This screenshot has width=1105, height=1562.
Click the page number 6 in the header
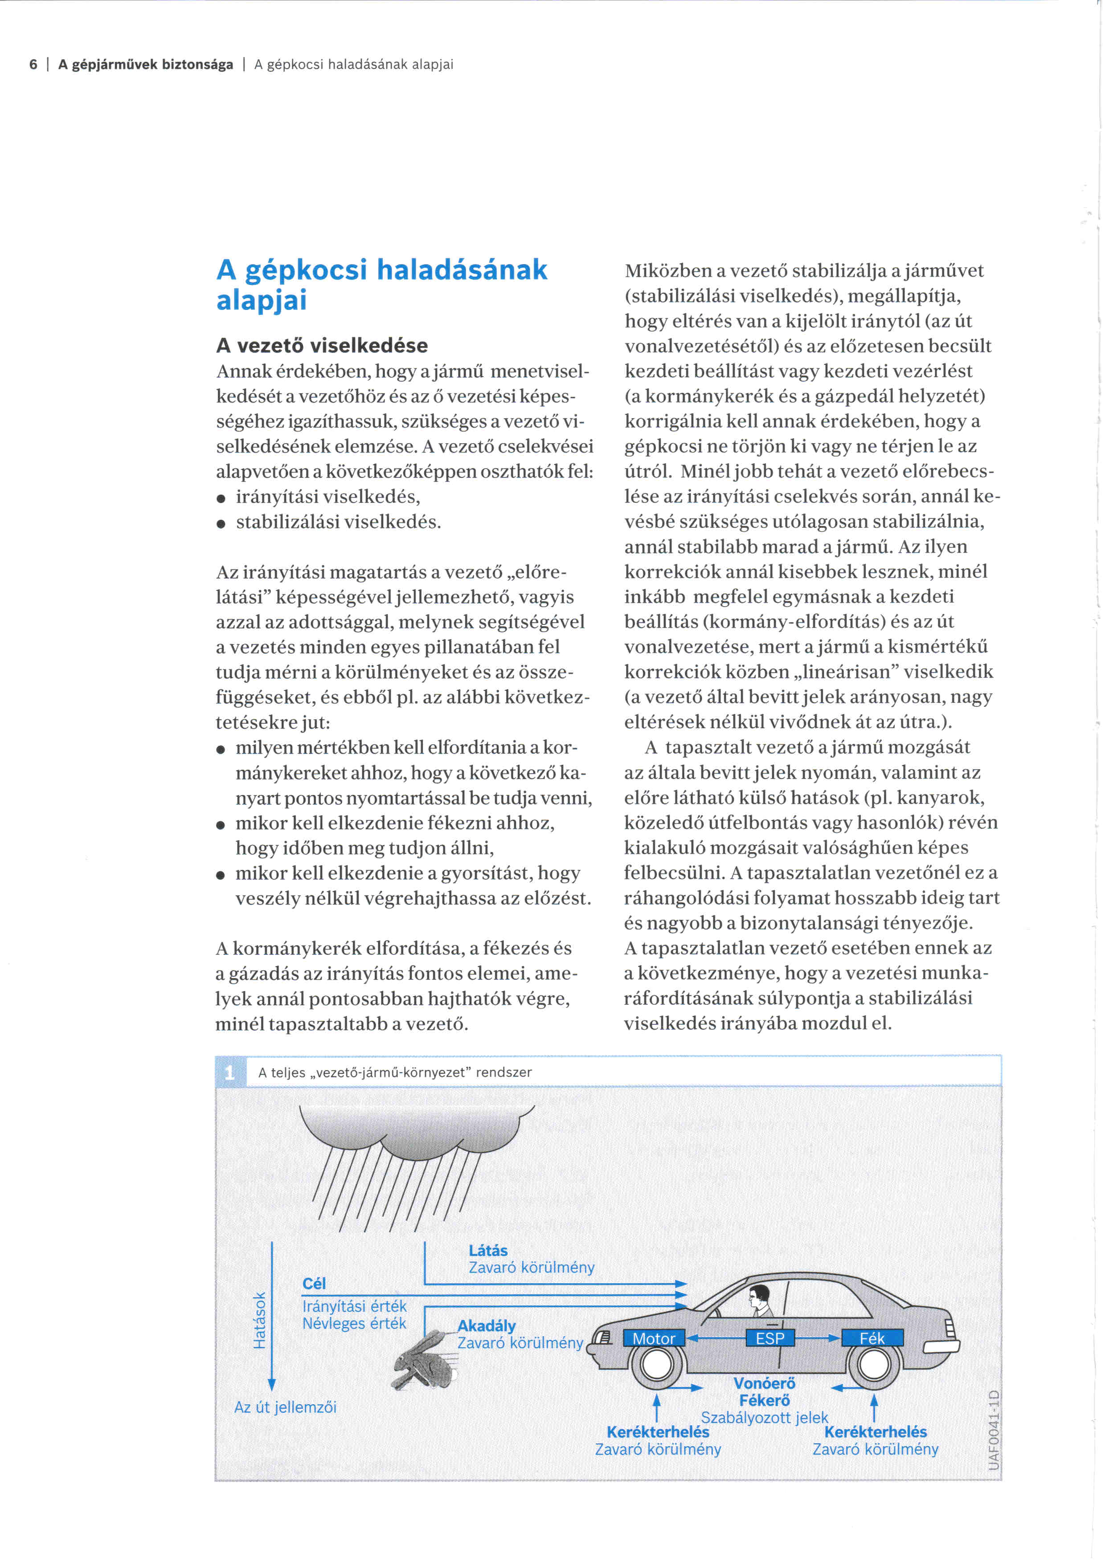click(33, 65)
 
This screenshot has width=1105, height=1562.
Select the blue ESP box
click(770, 1338)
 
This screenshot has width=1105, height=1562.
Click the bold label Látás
click(488, 1250)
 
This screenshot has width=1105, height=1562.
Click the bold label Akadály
click(487, 1325)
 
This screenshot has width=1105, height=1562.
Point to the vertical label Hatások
click(259, 1320)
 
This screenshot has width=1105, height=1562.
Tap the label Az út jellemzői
click(285, 1407)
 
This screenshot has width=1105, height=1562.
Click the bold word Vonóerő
click(764, 1383)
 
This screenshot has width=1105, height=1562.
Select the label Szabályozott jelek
click(764, 1417)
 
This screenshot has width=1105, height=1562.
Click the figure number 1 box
click(229, 1073)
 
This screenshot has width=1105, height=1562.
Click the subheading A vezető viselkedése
click(322, 346)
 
